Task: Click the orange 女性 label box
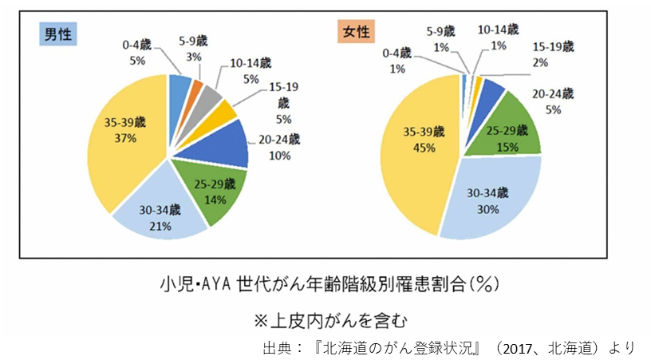pos(355,32)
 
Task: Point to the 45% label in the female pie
pos(424,148)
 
